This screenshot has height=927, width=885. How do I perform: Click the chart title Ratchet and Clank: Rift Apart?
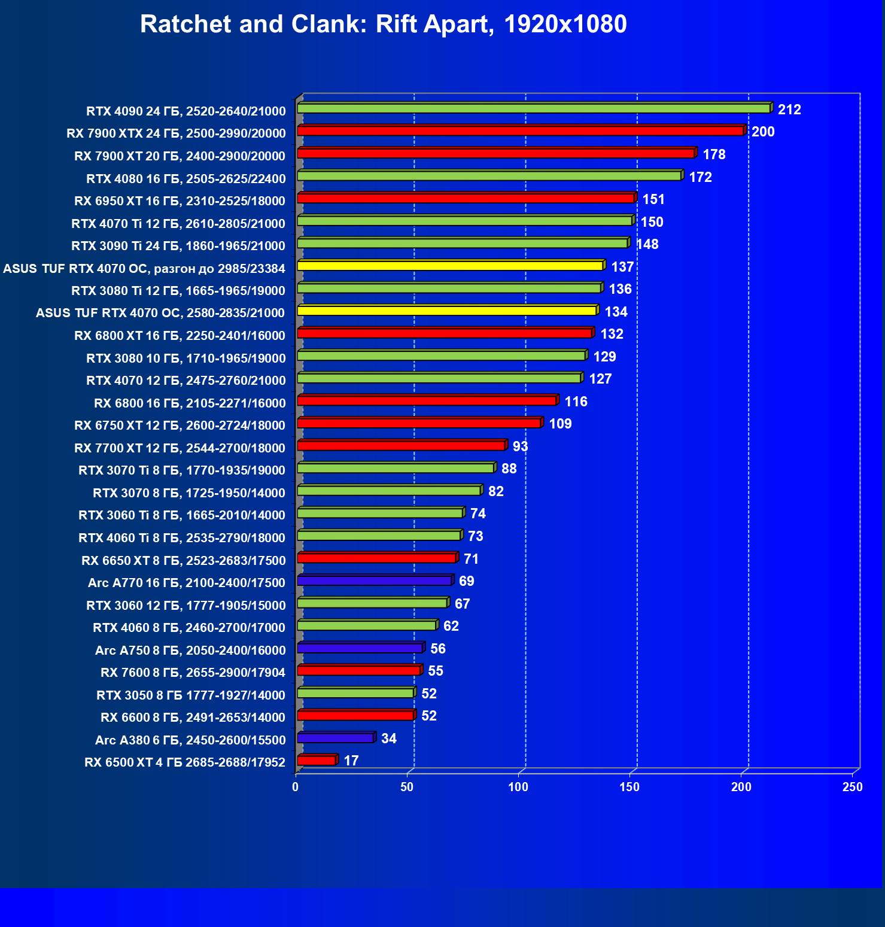[x=383, y=25]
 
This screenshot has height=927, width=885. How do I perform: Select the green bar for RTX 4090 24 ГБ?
[x=533, y=108]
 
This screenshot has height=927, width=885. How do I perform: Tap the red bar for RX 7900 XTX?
[x=520, y=131]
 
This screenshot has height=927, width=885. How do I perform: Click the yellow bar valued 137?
[x=450, y=266]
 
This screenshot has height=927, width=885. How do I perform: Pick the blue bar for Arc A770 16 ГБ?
[x=374, y=580]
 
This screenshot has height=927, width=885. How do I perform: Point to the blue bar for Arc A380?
[x=335, y=738]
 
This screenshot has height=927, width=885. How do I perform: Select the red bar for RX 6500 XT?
[x=317, y=761]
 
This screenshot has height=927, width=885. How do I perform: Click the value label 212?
[x=789, y=110]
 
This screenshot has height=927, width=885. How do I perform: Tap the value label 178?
[x=714, y=154]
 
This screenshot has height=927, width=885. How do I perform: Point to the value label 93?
[x=520, y=446]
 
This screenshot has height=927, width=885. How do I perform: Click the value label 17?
[x=351, y=761]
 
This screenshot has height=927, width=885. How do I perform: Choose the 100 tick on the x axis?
[x=518, y=787]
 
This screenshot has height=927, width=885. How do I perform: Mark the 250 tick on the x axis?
[x=852, y=787]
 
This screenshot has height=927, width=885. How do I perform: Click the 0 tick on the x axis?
[x=296, y=787]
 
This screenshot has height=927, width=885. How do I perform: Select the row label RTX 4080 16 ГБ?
[x=186, y=178]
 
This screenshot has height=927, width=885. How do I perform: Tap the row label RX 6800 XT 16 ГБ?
[x=180, y=336]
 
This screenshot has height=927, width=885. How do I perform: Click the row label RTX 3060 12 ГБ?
[x=186, y=605]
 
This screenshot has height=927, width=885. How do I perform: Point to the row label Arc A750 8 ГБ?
[x=190, y=650]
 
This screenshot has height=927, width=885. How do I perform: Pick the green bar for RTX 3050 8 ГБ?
[x=355, y=693]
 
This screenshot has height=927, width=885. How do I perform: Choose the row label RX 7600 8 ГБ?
[x=193, y=673]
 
